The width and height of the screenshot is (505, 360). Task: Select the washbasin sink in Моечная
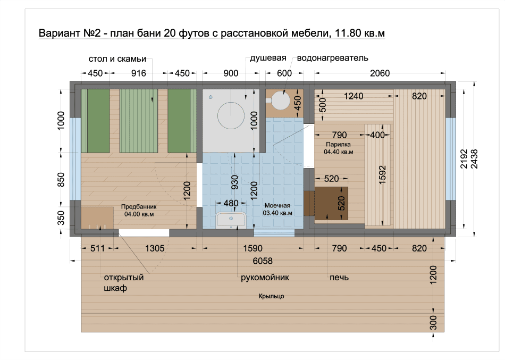231,220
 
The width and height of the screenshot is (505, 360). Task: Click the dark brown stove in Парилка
331,203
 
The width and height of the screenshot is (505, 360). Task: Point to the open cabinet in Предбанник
97,218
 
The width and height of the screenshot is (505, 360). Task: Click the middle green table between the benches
139,121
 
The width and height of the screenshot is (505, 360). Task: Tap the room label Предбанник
139,207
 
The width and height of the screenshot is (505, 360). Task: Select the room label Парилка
338,145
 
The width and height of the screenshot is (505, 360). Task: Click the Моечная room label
277,205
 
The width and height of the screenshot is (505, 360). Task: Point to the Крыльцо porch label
271,296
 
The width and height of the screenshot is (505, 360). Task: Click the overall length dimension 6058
263,261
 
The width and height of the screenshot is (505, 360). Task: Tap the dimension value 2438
474,159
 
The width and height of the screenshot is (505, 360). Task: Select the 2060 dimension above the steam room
380,73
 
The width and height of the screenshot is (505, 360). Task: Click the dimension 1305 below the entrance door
155,248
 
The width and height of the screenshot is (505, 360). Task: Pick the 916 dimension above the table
139,73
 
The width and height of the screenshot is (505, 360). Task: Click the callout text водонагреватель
332,58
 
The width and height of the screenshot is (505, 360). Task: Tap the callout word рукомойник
265,278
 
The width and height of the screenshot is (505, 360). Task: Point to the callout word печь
339,278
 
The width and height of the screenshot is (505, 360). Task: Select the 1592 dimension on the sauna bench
382,175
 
